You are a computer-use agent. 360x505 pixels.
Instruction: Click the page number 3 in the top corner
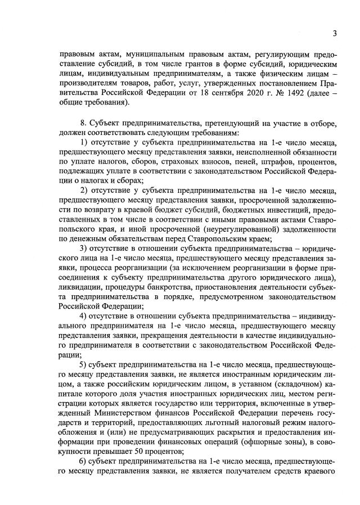(x=334, y=33)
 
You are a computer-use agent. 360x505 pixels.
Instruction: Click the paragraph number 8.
(x=85, y=123)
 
